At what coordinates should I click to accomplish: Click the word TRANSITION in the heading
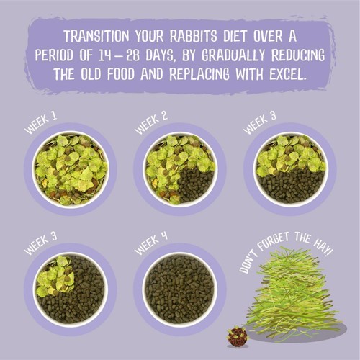coord(96,37)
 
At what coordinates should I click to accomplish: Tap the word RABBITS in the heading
coord(193,37)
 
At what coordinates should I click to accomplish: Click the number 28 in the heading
coord(133,55)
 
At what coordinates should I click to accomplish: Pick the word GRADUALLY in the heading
coord(233,55)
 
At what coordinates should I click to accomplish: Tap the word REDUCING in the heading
coord(298,55)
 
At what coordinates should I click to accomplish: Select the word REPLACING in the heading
coord(199,74)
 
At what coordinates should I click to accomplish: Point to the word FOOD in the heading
coord(121,74)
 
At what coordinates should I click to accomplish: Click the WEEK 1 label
coord(41,123)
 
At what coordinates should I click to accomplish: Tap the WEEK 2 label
coord(151,123)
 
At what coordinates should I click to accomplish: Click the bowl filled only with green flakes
coord(71,169)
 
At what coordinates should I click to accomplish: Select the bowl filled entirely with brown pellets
coord(180,289)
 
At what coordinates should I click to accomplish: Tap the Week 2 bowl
coord(180,169)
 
